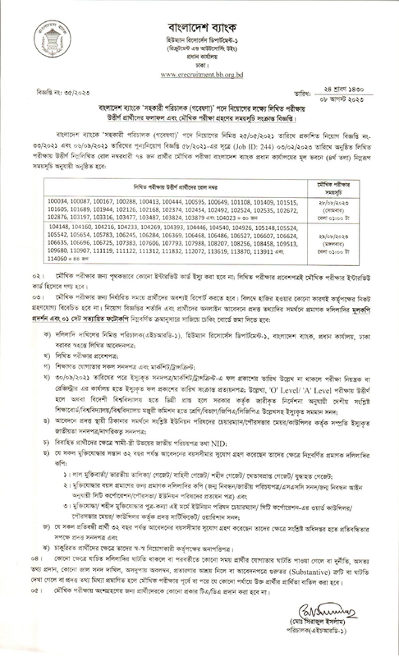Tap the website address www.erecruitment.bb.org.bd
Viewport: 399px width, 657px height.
(x=199, y=72)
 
